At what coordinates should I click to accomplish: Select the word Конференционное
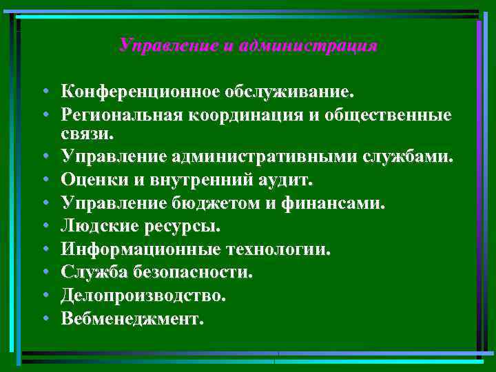coord(138,92)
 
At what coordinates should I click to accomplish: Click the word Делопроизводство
coord(143,295)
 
